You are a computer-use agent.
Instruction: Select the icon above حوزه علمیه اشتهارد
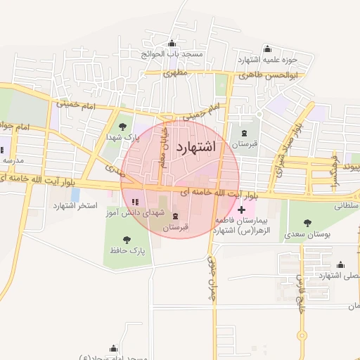[x=266, y=49]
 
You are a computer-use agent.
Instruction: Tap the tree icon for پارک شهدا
[x=123, y=127]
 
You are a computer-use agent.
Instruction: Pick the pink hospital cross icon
[x=243, y=210]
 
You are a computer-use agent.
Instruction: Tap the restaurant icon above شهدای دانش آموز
[x=135, y=202]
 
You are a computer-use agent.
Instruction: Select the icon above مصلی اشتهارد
[x=341, y=264]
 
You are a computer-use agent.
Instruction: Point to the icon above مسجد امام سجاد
[x=113, y=348]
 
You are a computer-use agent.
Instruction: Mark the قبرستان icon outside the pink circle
[x=244, y=134]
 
